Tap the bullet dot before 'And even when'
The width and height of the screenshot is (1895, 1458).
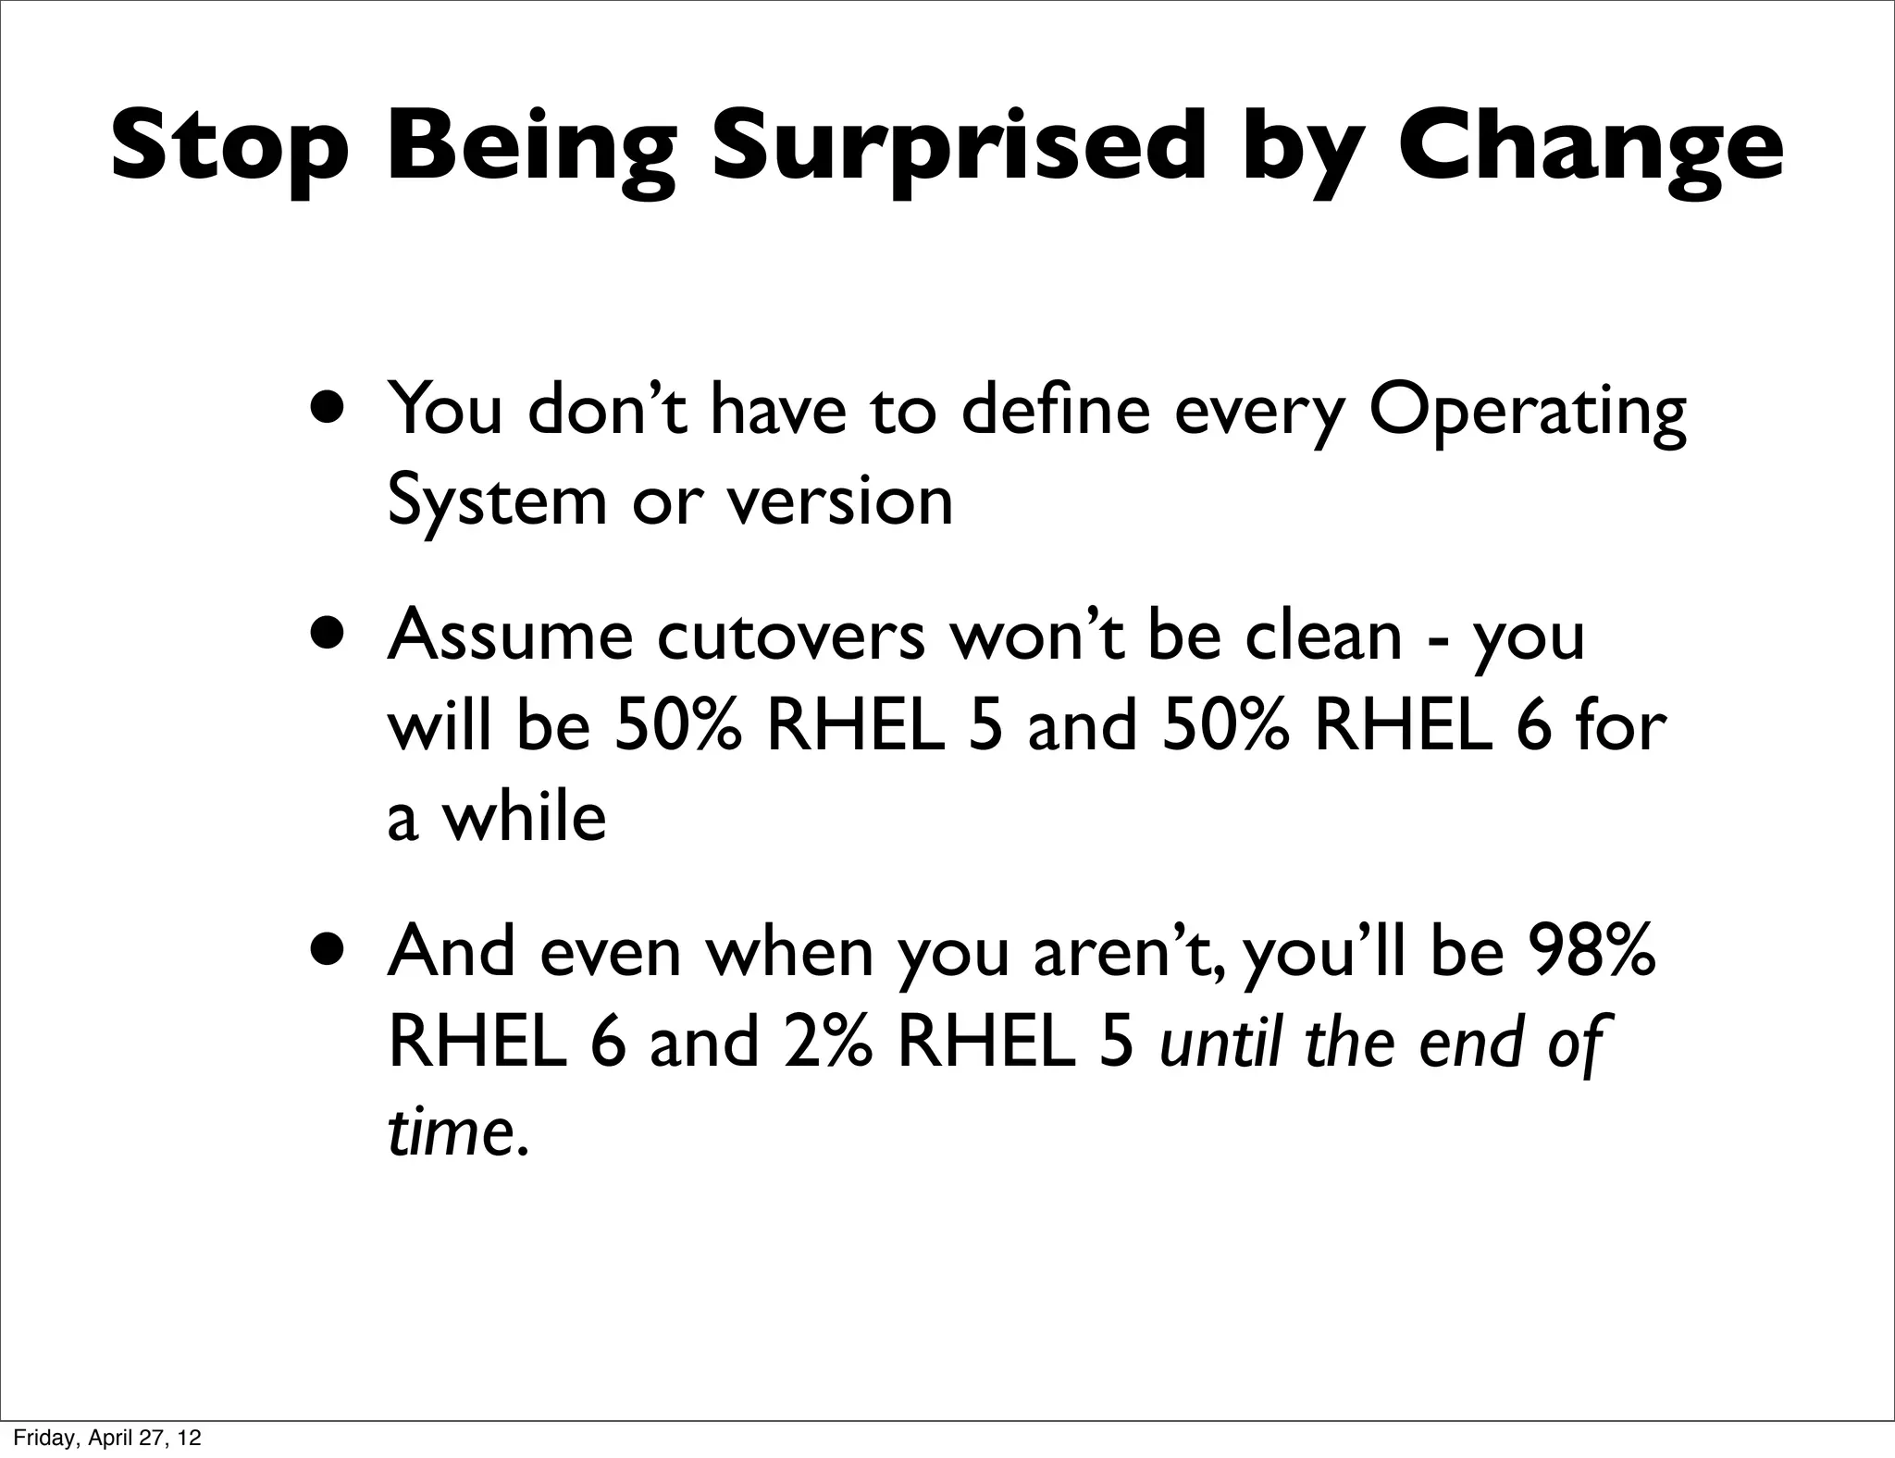pyautogui.click(x=331, y=950)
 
